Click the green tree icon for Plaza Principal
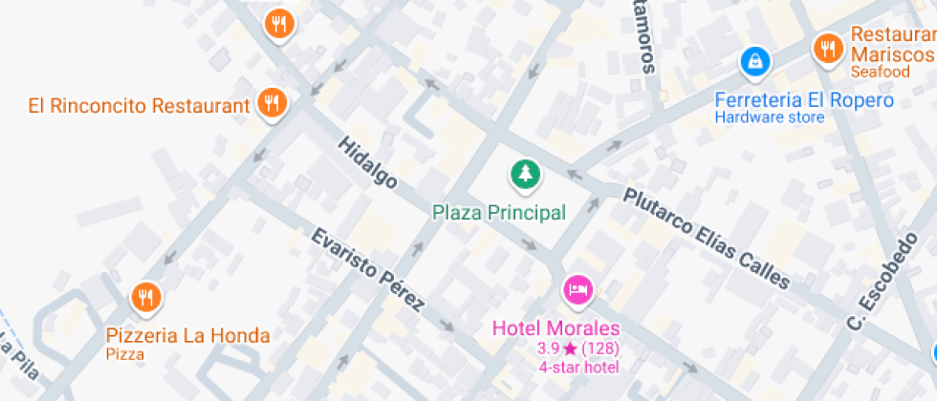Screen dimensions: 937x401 click(x=524, y=174)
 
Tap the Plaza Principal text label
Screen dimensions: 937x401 click(x=498, y=212)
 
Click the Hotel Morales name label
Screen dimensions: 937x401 click(x=556, y=328)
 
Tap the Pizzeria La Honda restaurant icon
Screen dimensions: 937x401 click(x=145, y=297)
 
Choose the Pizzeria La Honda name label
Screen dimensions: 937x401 click(x=187, y=336)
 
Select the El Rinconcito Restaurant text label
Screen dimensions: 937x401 click(x=139, y=105)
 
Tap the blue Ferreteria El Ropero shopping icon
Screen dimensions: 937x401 click(x=755, y=63)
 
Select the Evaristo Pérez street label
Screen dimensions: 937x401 click(x=367, y=270)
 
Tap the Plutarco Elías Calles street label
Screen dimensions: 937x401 click(x=708, y=238)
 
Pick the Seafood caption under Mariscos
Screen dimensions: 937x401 click(x=880, y=72)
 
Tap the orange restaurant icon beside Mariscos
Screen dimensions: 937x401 click(x=827, y=47)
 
